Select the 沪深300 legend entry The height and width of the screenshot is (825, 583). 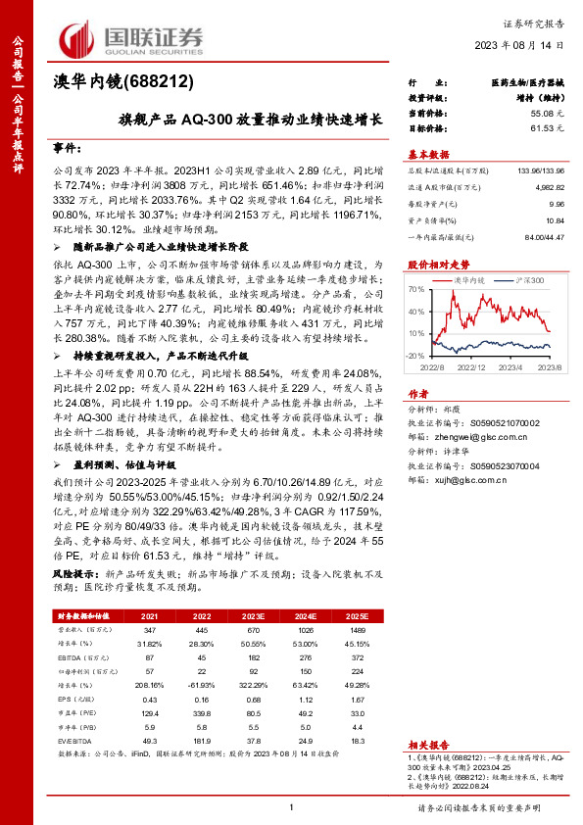coord(530,280)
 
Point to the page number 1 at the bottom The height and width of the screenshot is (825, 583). coord(292,806)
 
